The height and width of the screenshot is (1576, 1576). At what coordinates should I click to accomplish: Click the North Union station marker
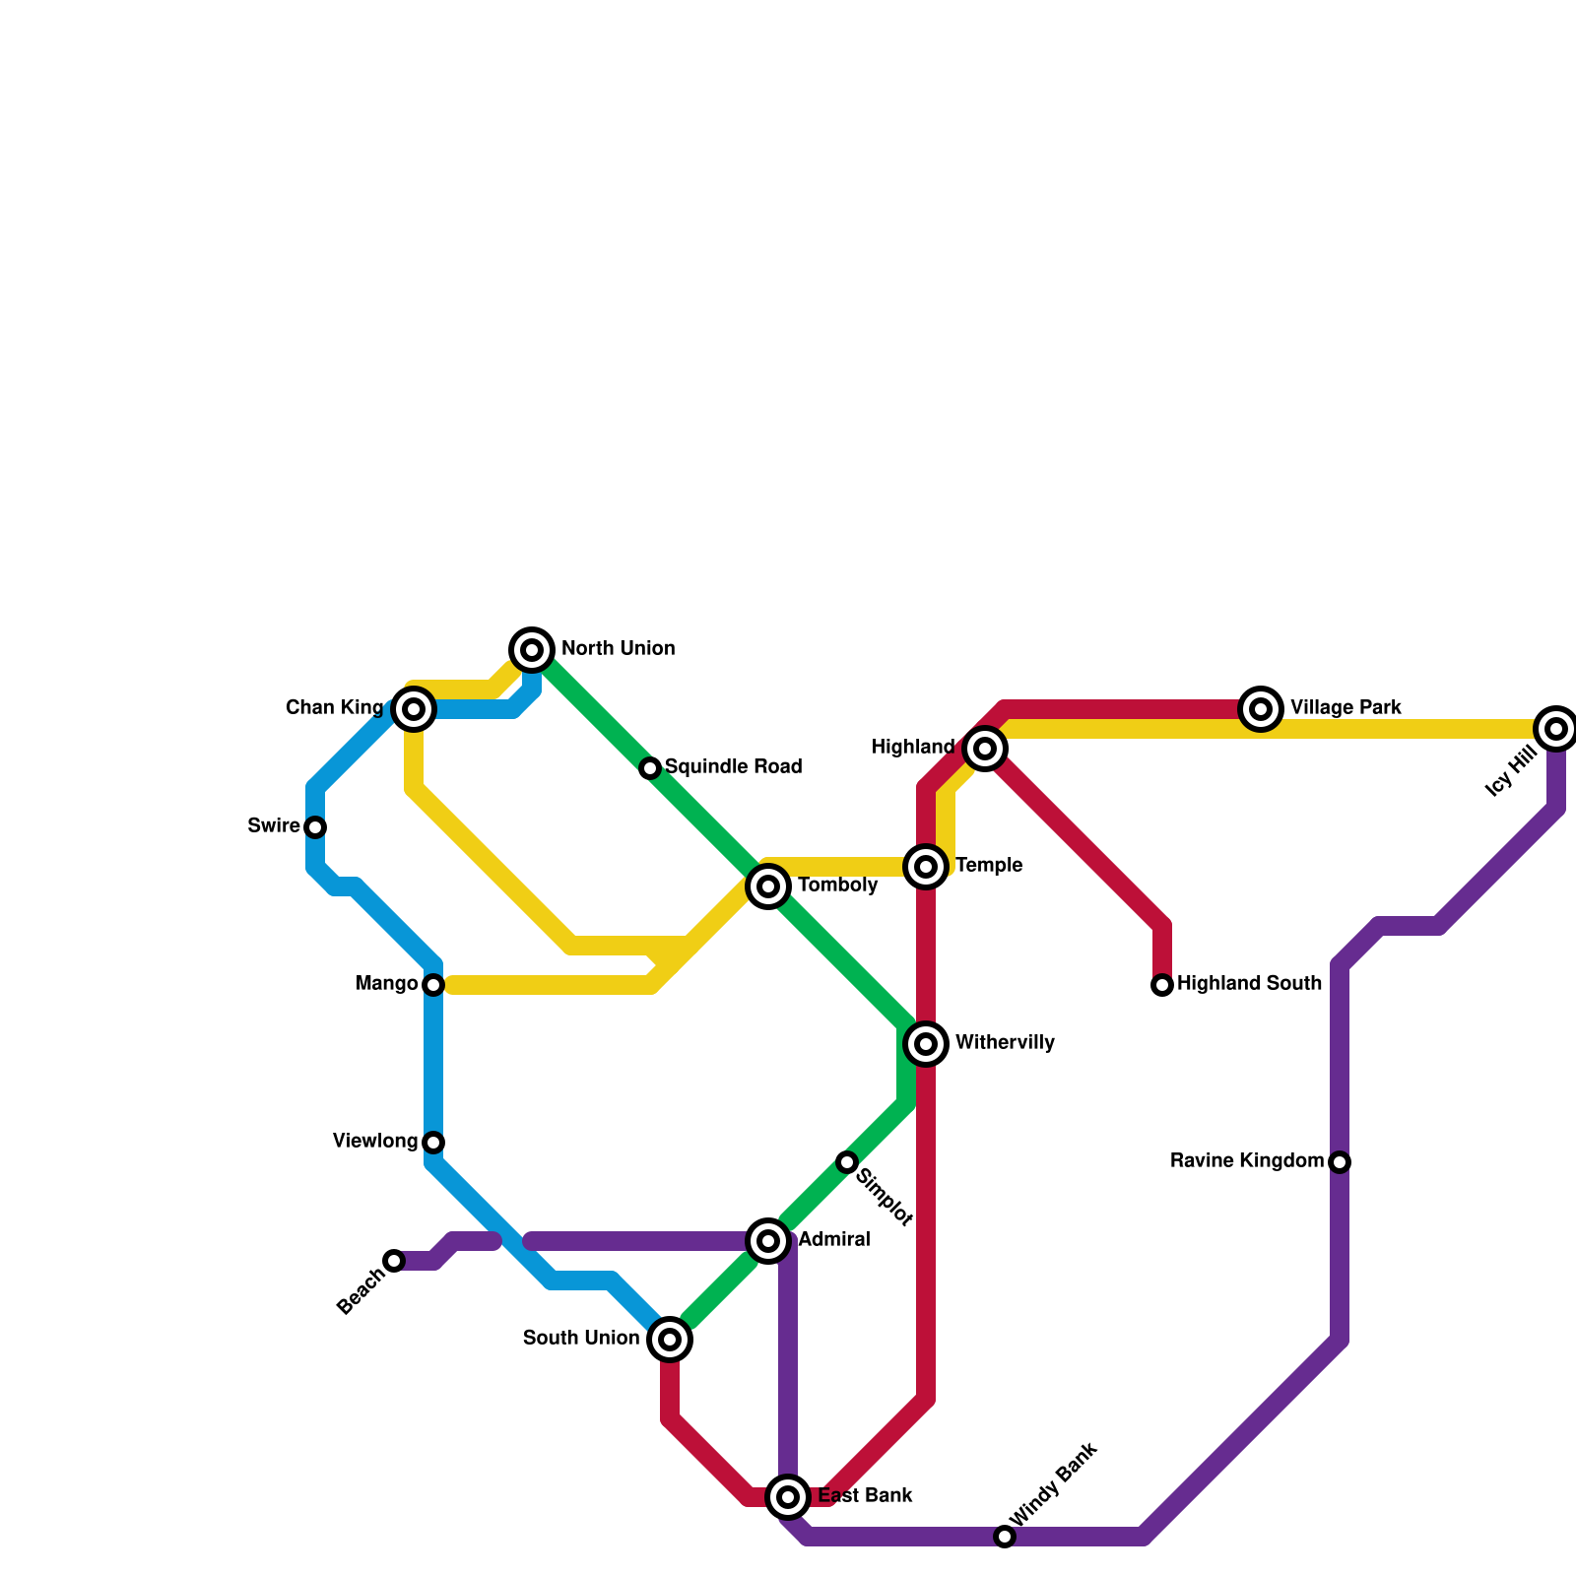532,649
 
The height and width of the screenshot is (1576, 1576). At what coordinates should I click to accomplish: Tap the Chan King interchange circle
414,709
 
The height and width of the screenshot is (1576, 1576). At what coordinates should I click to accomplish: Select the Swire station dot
315,826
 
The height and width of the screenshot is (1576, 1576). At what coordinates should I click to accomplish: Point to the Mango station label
386,984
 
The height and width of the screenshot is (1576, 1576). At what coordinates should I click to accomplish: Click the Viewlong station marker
433,1143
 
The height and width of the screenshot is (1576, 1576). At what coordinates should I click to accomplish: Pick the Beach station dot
394,1261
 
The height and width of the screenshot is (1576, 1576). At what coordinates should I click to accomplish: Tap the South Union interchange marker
670,1340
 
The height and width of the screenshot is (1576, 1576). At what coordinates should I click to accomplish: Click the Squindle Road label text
733,767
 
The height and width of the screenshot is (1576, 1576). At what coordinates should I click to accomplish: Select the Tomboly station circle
768,886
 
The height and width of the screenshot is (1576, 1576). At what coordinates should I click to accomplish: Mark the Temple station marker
926,867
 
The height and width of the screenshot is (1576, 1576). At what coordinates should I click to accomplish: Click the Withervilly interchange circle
926,1044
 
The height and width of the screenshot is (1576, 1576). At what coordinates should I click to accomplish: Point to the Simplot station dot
847,1162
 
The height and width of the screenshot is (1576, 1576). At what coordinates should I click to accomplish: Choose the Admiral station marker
768,1241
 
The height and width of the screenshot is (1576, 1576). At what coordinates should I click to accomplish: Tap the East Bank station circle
788,1497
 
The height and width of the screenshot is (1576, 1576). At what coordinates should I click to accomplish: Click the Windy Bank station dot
1004,1537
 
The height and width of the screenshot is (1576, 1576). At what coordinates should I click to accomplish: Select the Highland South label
1249,984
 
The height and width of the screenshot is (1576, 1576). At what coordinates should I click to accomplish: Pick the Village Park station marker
1261,709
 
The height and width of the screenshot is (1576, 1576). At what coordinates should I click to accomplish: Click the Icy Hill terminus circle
1556,729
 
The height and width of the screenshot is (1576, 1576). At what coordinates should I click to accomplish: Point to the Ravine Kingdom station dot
1340,1162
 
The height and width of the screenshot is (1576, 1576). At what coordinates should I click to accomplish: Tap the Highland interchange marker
985,749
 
